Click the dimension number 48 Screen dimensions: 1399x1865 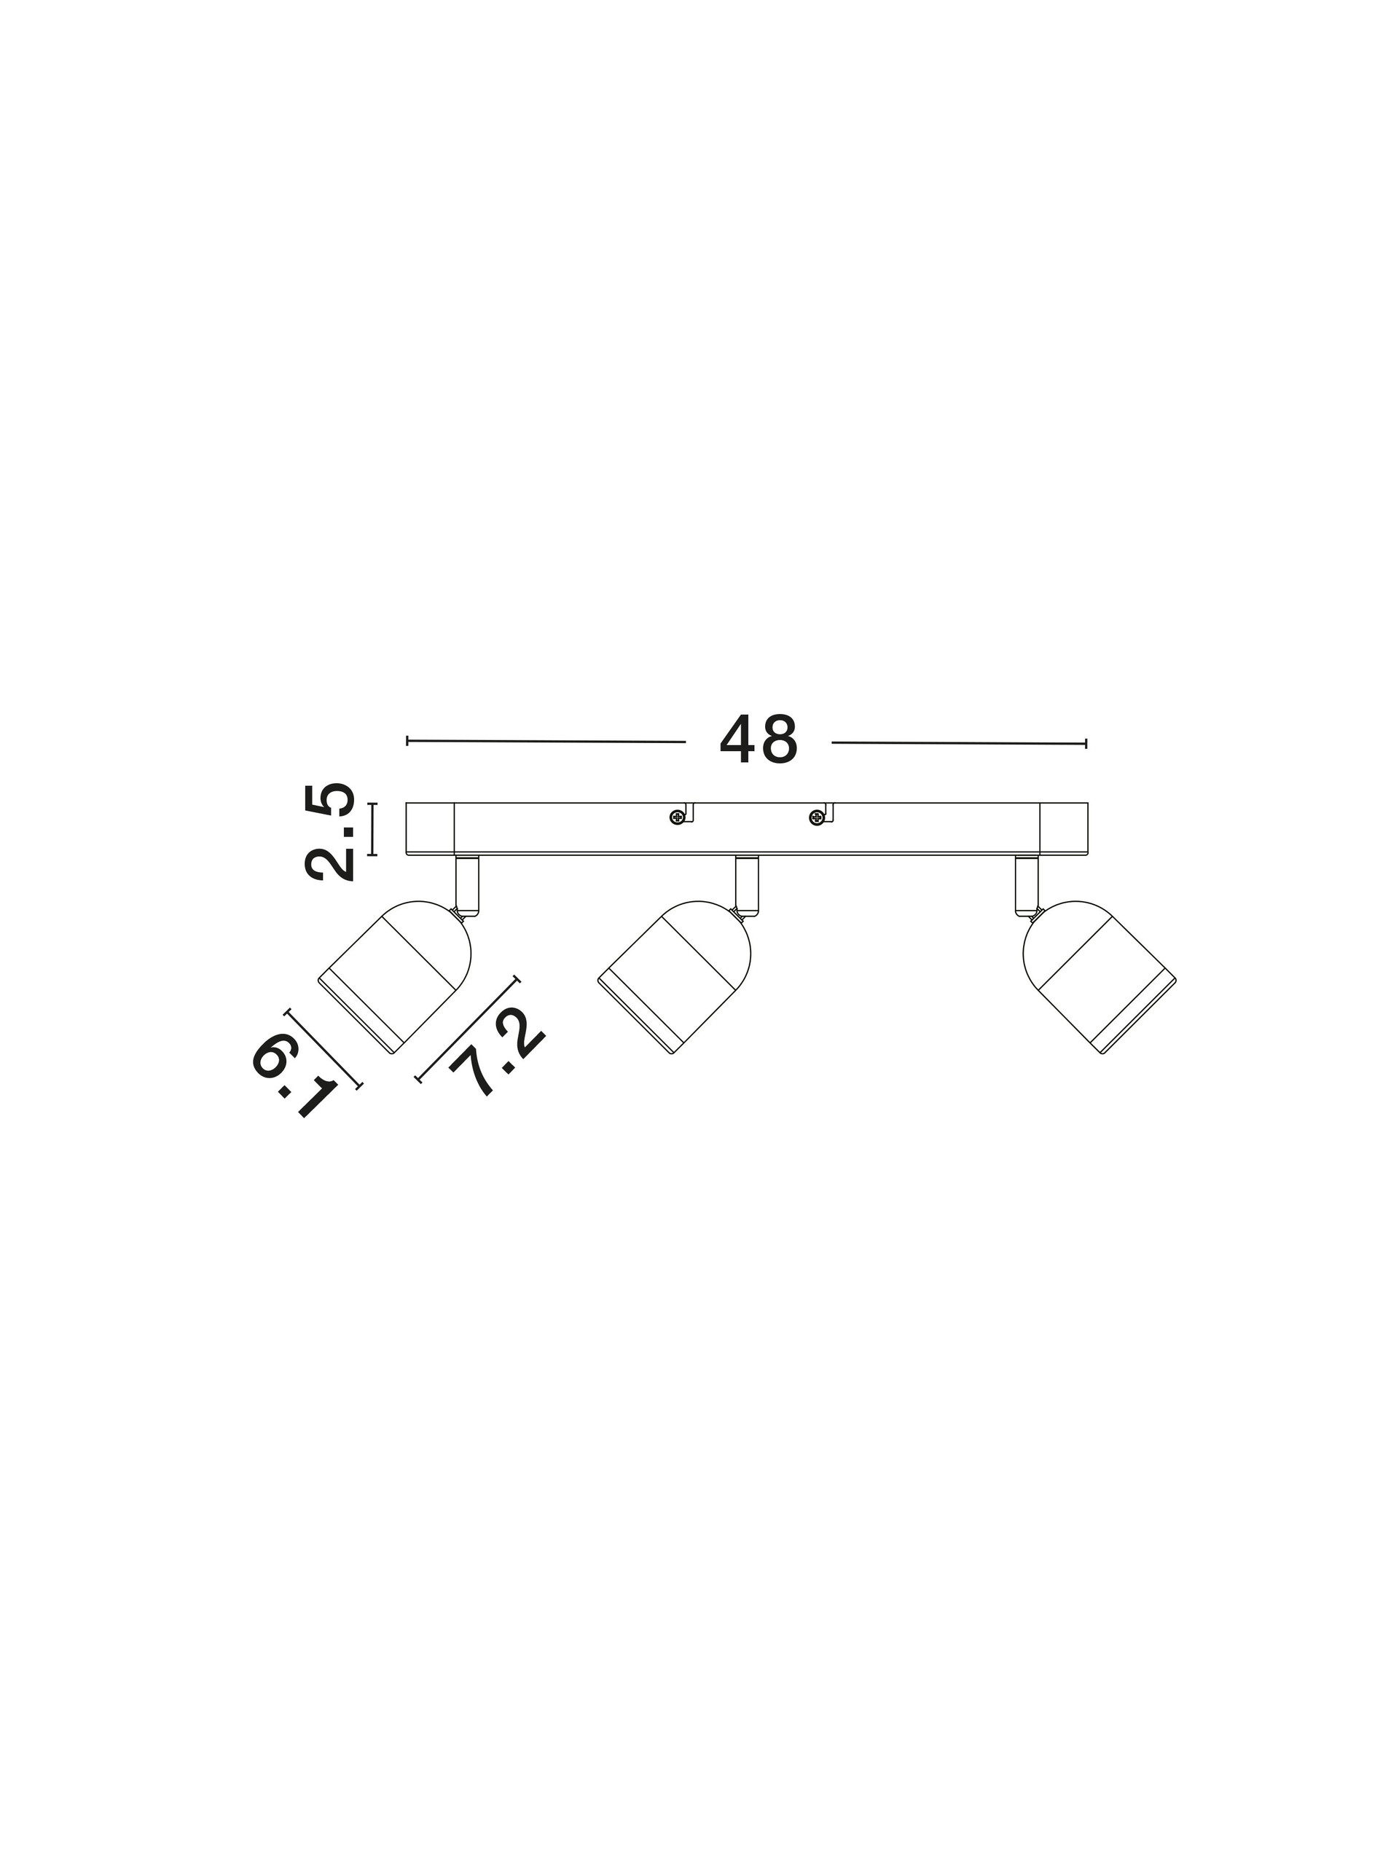pos(758,741)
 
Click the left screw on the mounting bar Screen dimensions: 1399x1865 pos(676,816)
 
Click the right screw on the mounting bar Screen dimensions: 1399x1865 pos(815,816)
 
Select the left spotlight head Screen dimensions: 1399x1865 pos(393,977)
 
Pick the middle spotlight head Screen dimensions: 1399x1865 pos(674,978)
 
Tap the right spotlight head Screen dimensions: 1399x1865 pos(1099,978)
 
